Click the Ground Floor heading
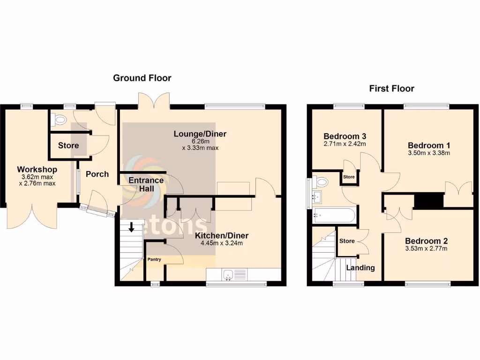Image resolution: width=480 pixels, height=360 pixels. click(x=142, y=78)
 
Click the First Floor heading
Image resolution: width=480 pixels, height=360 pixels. click(x=391, y=89)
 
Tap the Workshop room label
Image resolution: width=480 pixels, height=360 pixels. click(x=37, y=169)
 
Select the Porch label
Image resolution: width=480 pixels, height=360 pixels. click(x=97, y=174)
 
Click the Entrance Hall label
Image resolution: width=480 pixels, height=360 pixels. click(x=146, y=184)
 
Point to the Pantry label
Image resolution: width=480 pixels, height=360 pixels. click(x=154, y=259)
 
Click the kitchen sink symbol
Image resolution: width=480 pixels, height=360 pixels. click(x=228, y=274)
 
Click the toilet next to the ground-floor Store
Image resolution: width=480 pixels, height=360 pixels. click(x=60, y=120)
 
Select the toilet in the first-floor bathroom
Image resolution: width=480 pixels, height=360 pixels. click(x=322, y=182)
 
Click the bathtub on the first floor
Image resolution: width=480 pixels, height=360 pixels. click(x=330, y=216)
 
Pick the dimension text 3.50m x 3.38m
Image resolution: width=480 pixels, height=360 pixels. click(x=428, y=153)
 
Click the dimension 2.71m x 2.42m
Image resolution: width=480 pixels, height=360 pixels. click(x=345, y=144)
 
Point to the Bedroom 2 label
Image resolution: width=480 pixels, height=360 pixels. click(x=426, y=241)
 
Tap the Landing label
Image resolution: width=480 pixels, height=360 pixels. click(x=360, y=268)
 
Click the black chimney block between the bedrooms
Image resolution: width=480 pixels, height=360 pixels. click(x=429, y=201)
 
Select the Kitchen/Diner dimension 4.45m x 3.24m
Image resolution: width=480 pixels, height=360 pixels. click(x=222, y=243)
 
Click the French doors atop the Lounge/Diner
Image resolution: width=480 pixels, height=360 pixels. click(x=154, y=101)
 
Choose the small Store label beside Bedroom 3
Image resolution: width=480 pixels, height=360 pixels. click(x=349, y=177)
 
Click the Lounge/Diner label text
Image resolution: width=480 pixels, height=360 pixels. click(x=200, y=134)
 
